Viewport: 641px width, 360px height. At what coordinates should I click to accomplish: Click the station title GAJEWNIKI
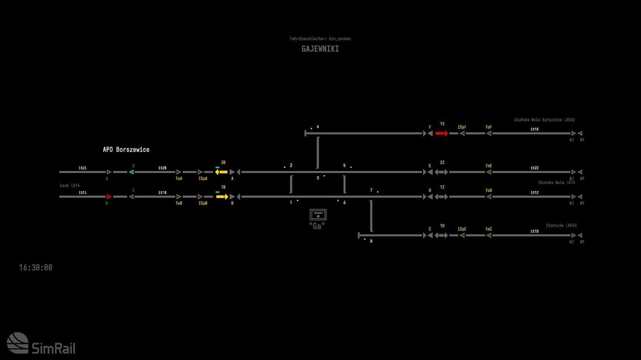click(x=320, y=49)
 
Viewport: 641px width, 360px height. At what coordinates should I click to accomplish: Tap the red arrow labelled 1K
click(x=442, y=133)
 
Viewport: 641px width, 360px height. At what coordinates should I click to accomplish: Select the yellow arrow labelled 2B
click(x=221, y=172)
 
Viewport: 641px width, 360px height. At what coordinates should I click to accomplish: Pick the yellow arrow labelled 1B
click(x=222, y=197)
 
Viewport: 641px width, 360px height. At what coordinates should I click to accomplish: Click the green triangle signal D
click(x=131, y=172)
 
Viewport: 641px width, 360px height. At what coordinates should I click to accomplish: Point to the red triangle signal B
click(x=108, y=197)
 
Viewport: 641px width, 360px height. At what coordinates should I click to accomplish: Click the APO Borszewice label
click(x=126, y=150)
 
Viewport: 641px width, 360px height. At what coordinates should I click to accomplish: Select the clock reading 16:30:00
click(x=36, y=268)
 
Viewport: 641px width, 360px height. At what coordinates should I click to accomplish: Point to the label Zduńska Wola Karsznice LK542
click(x=544, y=120)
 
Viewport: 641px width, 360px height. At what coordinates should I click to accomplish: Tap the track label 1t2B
click(x=162, y=168)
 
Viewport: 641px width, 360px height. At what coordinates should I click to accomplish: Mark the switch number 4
click(x=317, y=127)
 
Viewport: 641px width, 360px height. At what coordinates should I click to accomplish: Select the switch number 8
click(x=370, y=241)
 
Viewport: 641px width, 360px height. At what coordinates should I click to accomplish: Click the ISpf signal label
click(x=462, y=127)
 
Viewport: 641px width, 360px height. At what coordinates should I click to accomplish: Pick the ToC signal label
click(x=488, y=229)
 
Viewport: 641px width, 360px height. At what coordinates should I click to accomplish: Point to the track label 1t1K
click(x=535, y=129)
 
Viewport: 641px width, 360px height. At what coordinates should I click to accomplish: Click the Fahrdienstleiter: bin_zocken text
click(x=320, y=39)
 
